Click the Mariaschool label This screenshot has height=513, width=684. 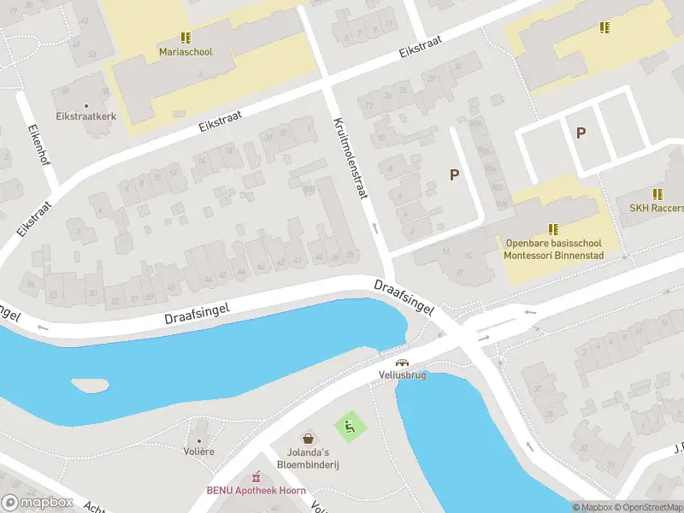[x=186, y=51]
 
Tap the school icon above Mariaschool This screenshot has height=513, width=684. [x=186, y=38]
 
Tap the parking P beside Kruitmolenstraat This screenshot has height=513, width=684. [x=454, y=174]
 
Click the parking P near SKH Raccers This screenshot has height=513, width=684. [x=581, y=133]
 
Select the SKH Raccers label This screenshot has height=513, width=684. [x=657, y=208]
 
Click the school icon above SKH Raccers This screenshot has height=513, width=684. [x=657, y=194]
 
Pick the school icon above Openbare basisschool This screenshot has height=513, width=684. [x=554, y=228]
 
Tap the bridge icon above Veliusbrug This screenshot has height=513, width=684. [x=402, y=362]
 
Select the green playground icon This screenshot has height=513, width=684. [x=349, y=423]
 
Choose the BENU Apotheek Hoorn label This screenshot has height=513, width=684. [x=256, y=491]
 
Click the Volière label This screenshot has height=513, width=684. [x=198, y=451]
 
